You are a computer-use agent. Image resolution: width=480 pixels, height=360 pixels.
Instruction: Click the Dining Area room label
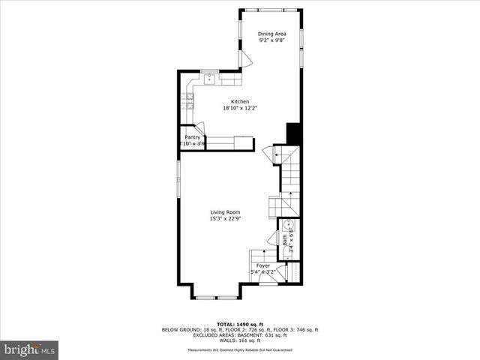(x=271, y=34)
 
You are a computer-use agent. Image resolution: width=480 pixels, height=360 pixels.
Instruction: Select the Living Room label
(x=224, y=212)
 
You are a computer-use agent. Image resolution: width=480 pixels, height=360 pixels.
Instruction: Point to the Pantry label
(x=192, y=137)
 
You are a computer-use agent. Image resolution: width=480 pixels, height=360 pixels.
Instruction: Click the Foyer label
(x=262, y=265)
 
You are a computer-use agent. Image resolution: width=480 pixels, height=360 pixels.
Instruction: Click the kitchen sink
(x=209, y=78)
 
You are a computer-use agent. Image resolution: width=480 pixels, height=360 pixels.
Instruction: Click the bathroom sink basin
(x=289, y=223)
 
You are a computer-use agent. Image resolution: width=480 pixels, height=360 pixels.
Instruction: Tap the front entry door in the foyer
(x=267, y=277)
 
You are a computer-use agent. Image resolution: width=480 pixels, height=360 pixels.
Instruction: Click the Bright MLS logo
(x=29, y=349)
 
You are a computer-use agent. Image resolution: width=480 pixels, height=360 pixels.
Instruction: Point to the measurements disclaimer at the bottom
(x=239, y=350)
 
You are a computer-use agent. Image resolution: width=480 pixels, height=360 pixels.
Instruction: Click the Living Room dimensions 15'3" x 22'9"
(x=224, y=219)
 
